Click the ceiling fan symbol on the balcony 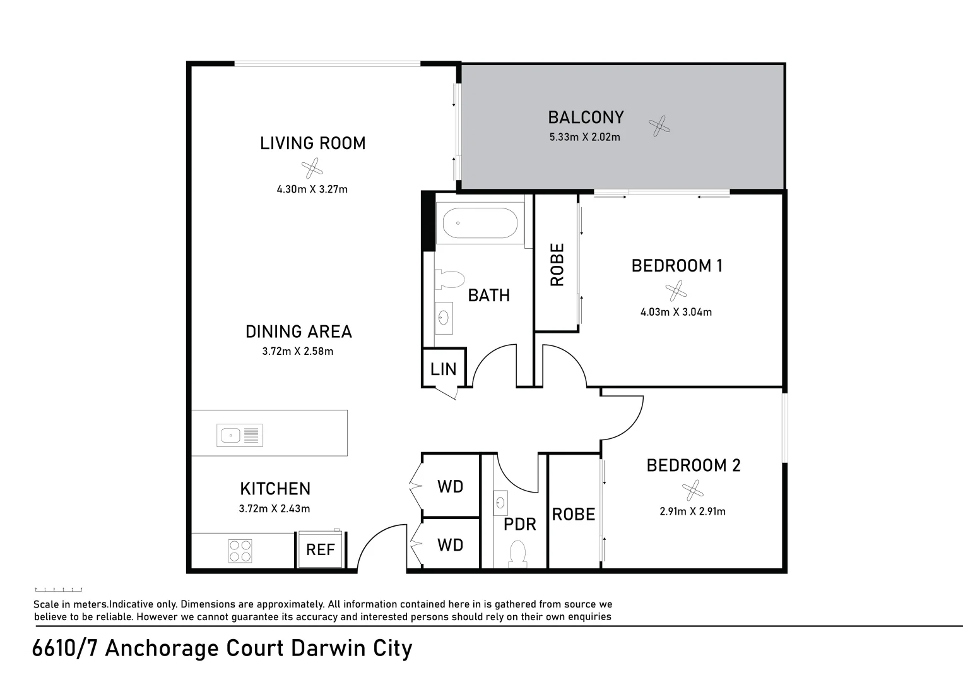(x=659, y=127)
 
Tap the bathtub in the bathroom (x=480, y=223)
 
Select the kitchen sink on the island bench (x=239, y=435)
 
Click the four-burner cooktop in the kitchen (x=240, y=551)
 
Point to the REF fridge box (x=320, y=549)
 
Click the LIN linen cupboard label (x=443, y=369)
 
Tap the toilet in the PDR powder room (x=518, y=554)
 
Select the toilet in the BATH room (x=449, y=279)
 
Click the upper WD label (x=450, y=486)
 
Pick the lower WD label (x=450, y=544)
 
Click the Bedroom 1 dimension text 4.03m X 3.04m (x=676, y=312)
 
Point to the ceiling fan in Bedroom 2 (x=692, y=489)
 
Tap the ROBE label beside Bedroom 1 (x=557, y=265)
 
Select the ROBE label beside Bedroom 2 (x=573, y=515)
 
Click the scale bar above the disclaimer (x=59, y=589)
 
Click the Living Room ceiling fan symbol (x=312, y=169)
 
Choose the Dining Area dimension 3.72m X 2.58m (x=298, y=351)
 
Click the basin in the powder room (x=500, y=503)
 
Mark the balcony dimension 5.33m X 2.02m (x=585, y=137)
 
